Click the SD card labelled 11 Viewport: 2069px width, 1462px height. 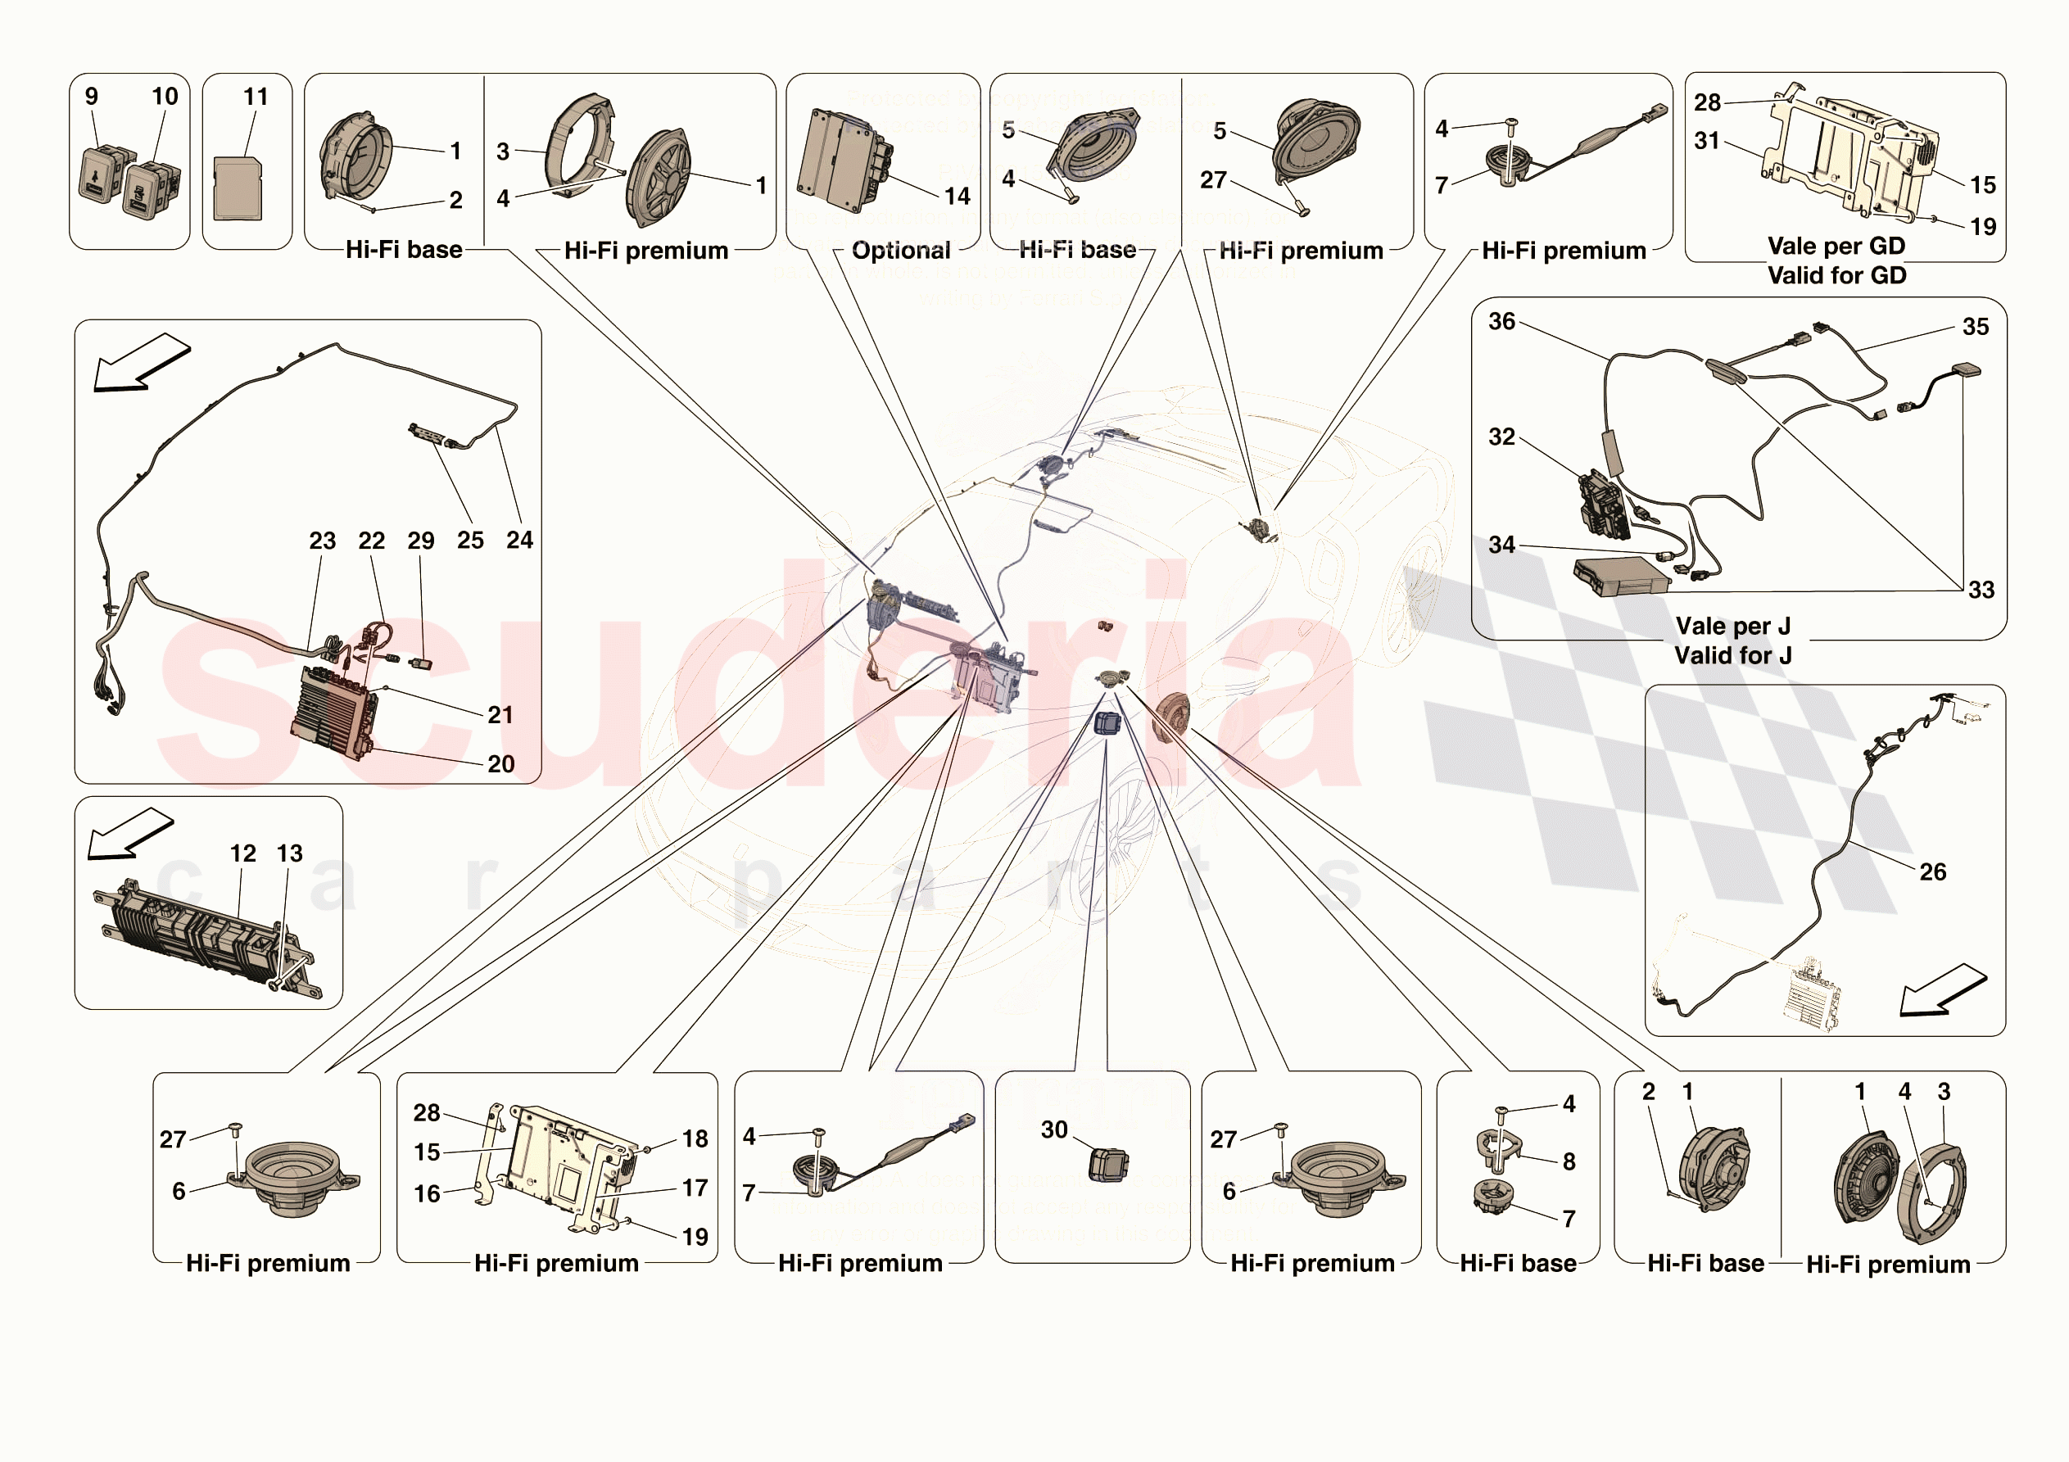point(238,188)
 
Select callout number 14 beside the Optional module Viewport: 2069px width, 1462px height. point(957,197)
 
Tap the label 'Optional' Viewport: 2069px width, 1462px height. point(900,251)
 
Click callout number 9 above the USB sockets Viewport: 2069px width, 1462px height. point(91,97)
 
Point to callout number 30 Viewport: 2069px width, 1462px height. point(1053,1129)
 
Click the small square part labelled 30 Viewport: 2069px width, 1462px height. point(1107,1164)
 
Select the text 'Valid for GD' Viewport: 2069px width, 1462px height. point(1836,276)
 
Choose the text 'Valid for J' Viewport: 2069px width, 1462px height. point(1732,655)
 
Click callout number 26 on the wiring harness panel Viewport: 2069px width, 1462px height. point(1932,871)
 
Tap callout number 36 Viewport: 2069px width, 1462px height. point(1501,322)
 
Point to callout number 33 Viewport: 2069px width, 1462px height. point(1980,590)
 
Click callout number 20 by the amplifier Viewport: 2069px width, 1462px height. point(500,764)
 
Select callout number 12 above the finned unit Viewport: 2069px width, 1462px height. point(242,853)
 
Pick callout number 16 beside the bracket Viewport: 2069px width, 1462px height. point(426,1193)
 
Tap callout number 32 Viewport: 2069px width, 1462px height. point(1501,437)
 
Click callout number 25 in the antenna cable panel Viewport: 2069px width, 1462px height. point(469,540)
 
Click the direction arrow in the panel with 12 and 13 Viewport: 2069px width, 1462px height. point(129,832)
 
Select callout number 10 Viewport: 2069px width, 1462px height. point(165,97)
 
